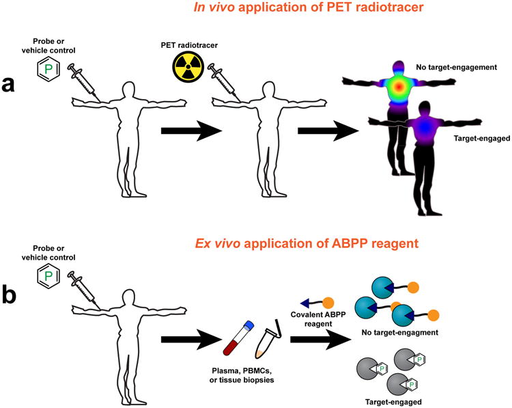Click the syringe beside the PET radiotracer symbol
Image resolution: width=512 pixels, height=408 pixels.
coord(221,78)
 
